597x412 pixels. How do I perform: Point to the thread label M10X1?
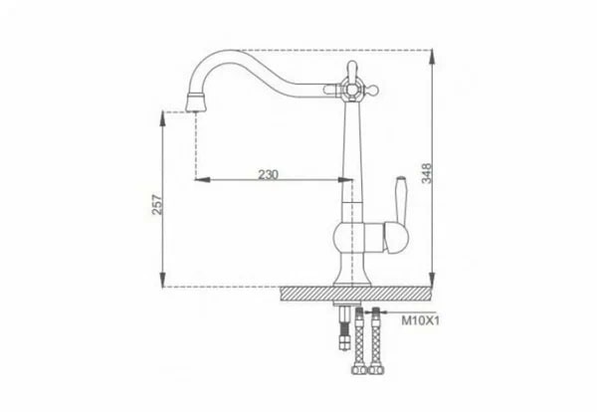tap(421, 321)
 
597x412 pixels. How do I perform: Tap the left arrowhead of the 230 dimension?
tap(198, 180)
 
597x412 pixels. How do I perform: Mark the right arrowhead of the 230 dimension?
tap(349, 180)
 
